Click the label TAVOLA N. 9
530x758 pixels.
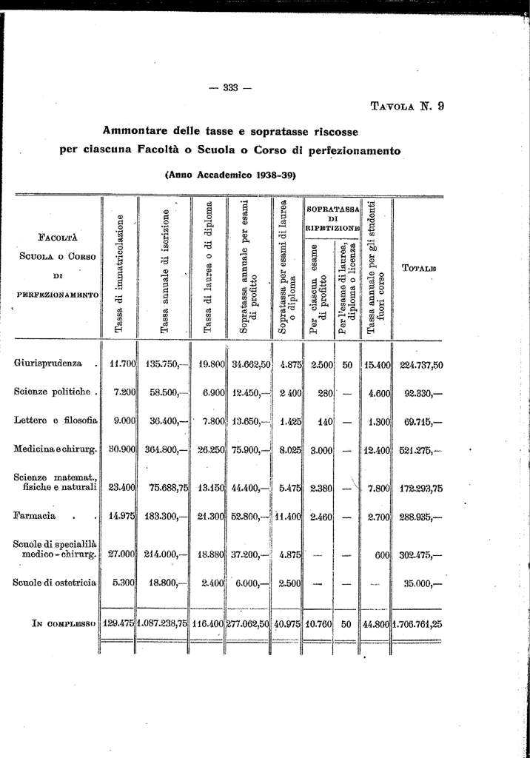point(407,106)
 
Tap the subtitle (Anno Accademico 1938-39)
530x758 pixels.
point(230,175)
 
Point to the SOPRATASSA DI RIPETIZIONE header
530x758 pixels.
point(332,218)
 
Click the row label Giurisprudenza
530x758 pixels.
point(48,363)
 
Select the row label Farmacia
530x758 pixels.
point(35,515)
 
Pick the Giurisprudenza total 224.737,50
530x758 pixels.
point(421,364)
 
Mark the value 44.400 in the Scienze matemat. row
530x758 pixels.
point(251,487)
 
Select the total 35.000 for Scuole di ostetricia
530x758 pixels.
point(422,583)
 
